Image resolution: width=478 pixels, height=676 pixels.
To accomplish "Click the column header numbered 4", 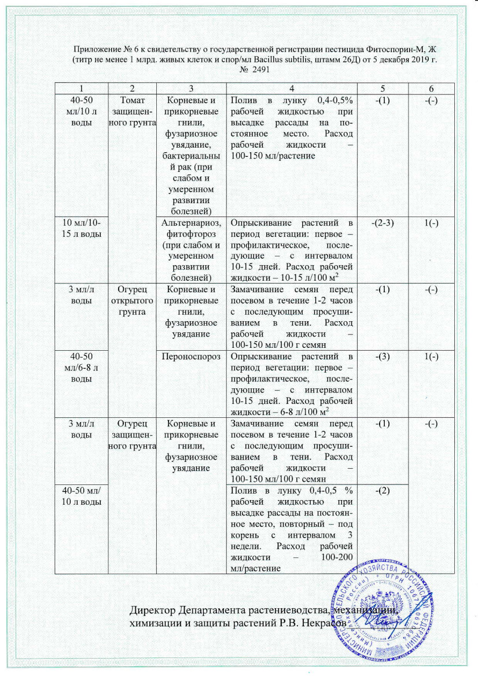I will click(x=292, y=87).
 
